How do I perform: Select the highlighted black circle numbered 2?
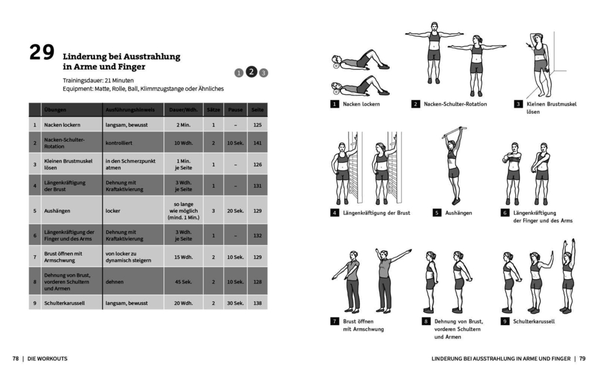pyautogui.click(x=251, y=72)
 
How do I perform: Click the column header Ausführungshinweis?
pyautogui.click(x=130, y=110)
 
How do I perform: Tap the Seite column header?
pyautogui.click(x=257, y=110)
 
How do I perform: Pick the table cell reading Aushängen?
pyautogui.click(x=54, y=210)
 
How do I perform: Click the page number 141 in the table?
pyautogui.click(x=257, y=143)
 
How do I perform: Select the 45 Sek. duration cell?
pyautogui.click(x=183, y=282)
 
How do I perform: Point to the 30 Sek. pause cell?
pyautogui.click(x=235, y=303)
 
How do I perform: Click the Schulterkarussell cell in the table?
pyautogui.click(x=64, y=303)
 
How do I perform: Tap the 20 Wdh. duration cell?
pyautogui.click(x=183, y=303)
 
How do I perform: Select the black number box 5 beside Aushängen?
pyautogui.click(x=437, y=213)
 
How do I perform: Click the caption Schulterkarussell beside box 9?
pyautogui.click(x=534, y=321)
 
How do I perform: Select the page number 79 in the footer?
pyautogui.click(x=582, y=358)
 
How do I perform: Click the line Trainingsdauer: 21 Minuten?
pyautogui.click(x=98, y=80)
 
